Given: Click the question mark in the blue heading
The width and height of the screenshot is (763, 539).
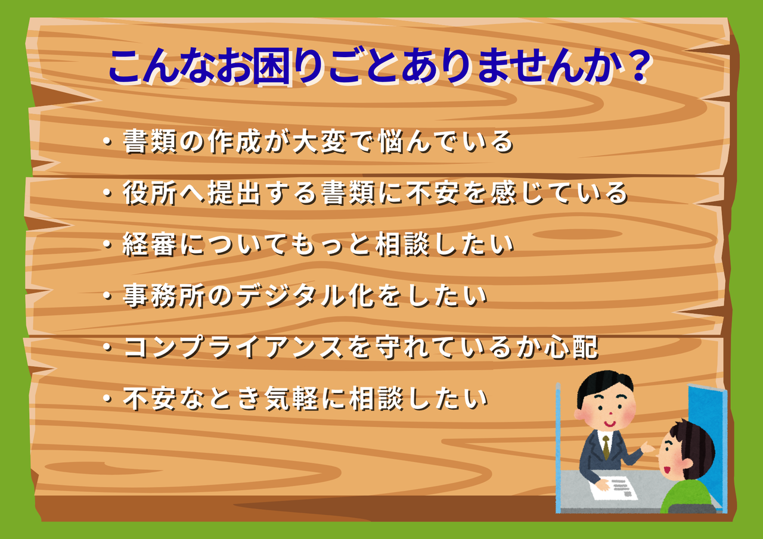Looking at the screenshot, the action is click(639, 66).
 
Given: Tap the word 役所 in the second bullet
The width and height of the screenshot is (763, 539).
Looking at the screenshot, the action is click(150, 193).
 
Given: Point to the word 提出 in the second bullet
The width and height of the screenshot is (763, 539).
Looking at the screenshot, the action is click(235, 193).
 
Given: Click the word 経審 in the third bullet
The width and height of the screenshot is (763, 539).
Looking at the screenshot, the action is click(150, 245).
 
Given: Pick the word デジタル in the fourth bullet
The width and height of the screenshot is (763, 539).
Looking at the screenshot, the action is click(292, 296).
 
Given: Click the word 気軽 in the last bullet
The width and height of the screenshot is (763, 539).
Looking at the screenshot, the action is click(292, 398).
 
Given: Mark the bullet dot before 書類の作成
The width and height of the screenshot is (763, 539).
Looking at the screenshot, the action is click(108, 141).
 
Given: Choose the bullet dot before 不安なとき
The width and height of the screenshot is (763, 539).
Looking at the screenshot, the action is click(108, 398).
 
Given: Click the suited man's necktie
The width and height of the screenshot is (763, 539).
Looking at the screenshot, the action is click(606, 447).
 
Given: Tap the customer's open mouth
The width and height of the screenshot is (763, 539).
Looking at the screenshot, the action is click(666, 470).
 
